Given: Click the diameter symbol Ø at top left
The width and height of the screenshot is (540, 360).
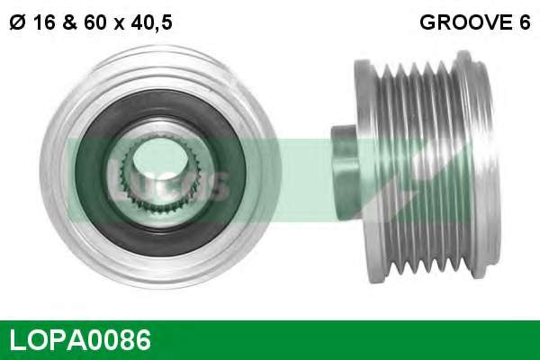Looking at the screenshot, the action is pos(17,22).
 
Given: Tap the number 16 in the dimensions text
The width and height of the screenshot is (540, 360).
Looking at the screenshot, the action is pos(45,22).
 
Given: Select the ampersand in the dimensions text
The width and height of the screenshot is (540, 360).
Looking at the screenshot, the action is pos(70,22).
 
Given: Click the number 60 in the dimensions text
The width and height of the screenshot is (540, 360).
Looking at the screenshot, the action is pos(94,22).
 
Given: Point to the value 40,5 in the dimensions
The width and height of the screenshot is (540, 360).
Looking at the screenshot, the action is pos(151,23).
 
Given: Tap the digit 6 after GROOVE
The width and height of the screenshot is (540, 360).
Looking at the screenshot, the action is pos(524,22).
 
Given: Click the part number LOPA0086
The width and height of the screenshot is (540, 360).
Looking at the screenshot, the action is pos(80,339).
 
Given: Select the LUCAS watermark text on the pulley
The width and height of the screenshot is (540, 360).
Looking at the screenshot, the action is pos(167,181).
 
